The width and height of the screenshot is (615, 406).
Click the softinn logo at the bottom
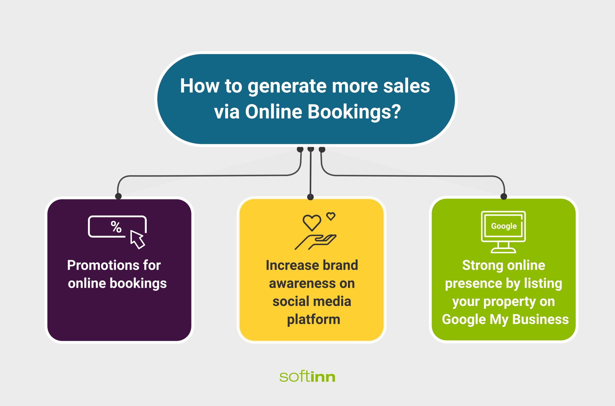click(307, 377)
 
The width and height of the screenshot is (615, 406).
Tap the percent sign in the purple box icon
click(116, 227)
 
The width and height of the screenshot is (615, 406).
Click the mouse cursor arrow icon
click(137, 240)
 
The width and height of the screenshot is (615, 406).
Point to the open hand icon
click(315, 242)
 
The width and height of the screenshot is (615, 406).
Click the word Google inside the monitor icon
click(504, 226)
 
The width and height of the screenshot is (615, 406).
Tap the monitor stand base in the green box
click(503, 250)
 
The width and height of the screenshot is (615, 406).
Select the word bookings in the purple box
click(138, 283)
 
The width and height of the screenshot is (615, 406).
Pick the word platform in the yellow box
click(313, 320)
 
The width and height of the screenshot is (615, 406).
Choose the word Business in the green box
click(541, 319)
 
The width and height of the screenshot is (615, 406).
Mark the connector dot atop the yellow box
click(310, 197)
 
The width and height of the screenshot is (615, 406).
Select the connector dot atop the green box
click(504, 197)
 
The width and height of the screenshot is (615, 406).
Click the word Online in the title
click(274, 112)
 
